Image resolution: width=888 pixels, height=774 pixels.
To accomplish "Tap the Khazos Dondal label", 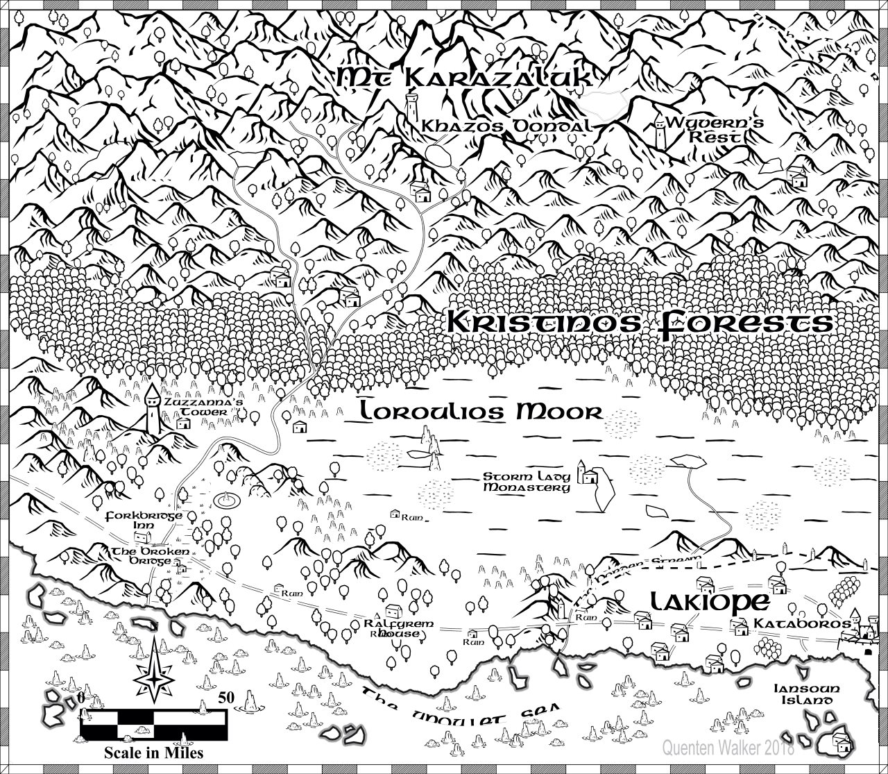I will click(507, 126).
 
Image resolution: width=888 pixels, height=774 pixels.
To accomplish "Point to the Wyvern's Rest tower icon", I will click(660, 132).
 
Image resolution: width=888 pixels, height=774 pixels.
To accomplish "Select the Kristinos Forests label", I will click(638, 323).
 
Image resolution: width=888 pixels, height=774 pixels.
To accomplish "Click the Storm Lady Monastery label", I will click(527, 482).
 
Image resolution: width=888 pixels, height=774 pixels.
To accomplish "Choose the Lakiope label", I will click(701, 602).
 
